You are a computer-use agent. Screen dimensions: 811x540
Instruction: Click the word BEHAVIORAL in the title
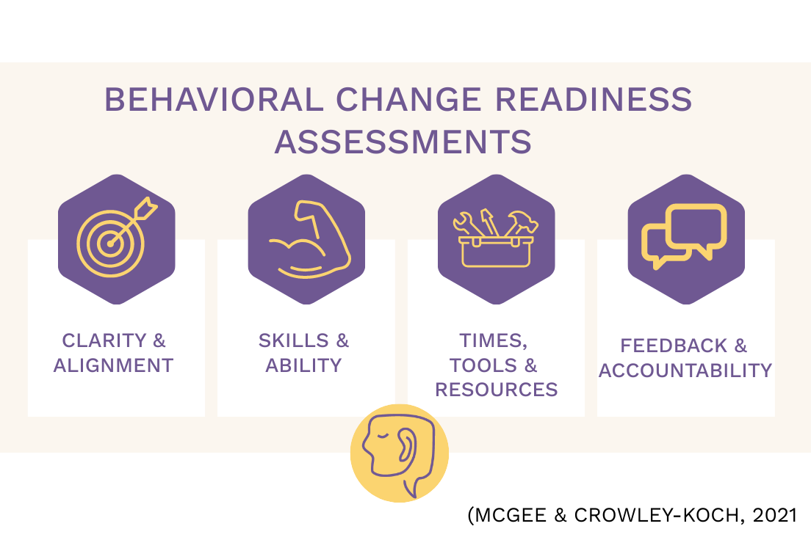[214, 99]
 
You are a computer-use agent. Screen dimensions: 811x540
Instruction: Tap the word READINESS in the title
[594, 99]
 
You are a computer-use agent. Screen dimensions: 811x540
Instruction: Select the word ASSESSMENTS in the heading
[403, 142]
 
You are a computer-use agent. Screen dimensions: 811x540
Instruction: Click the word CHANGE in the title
[408, 99]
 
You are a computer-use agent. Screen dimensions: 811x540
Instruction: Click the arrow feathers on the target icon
[146, 209]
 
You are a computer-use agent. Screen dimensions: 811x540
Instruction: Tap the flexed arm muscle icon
[310, 239]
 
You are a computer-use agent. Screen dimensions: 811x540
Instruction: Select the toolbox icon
[496, 238]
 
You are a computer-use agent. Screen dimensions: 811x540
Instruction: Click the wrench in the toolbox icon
[467, 224]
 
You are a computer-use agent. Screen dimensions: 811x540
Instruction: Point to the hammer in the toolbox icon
[522, 223]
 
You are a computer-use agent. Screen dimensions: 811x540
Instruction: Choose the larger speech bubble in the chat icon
[696, 228]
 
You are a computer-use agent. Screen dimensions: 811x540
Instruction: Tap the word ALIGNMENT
[113, 365]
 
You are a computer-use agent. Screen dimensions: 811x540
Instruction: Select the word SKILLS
[294, 340]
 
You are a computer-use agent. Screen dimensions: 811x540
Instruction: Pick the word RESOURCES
[496, 390]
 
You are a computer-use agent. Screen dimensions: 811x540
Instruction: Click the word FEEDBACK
[674, 346]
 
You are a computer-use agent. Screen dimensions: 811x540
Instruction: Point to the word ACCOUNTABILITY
[685, 371]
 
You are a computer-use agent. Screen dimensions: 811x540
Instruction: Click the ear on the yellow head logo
[406, 445]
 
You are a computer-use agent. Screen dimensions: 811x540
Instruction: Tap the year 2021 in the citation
[775, 515]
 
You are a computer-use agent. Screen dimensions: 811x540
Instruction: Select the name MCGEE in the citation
[511, 515]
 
